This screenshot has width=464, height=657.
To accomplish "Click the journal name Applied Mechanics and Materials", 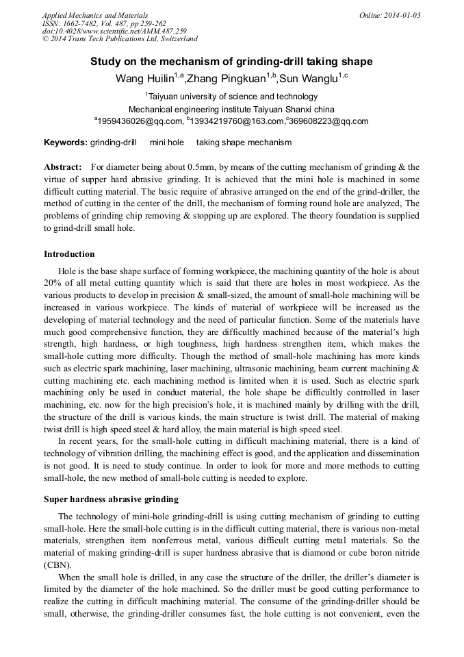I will tap(94, 15).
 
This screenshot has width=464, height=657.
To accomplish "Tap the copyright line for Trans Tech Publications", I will tap(120, 39).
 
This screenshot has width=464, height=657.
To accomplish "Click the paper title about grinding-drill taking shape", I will tap(231, 62).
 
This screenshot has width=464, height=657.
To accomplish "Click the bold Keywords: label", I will tap(66, 142).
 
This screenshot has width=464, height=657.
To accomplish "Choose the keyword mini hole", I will tap(166, 142).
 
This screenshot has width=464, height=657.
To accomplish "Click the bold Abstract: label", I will tap(63, 167).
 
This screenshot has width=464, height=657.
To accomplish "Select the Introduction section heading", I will tap(69, 254).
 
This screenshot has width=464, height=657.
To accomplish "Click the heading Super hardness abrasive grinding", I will tap(111, 499).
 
